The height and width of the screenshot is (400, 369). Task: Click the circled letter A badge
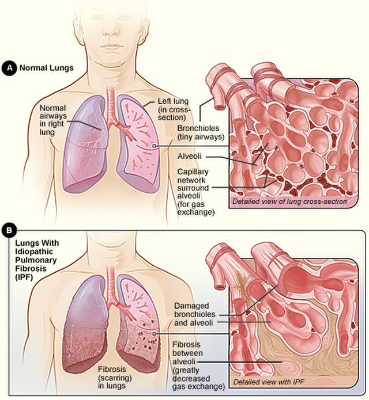pyautogui.click(x=9, y=68)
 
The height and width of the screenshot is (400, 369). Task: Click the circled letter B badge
pyautogui.click(x=9, y=232)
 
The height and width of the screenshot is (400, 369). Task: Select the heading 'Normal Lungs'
pyautogui.click(x=47, y=68)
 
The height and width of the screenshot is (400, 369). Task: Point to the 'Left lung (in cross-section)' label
pyautogui.click(x=174, y=109)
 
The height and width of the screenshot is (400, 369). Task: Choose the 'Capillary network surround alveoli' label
pyautogui.click(x=194, y=192)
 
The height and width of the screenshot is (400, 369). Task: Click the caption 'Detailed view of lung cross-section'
pyautogui.click(x=289, y=201)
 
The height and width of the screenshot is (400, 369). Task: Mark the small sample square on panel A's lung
pyautogui.click(x=154, y=146)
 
